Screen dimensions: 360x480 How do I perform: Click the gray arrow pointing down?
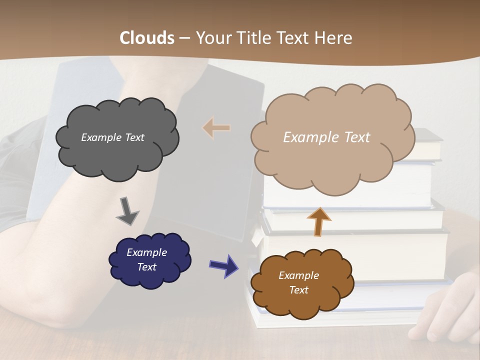127,211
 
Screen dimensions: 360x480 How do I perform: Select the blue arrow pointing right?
223,265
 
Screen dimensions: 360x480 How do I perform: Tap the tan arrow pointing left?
216,128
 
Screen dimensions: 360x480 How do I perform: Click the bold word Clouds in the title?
147,38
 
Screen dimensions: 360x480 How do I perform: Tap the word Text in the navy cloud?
146,267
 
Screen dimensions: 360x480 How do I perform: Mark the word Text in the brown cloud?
298,290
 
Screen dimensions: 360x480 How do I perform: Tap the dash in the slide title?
184,38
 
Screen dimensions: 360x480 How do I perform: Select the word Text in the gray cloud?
134,137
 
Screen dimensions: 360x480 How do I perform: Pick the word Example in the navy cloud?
146,252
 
